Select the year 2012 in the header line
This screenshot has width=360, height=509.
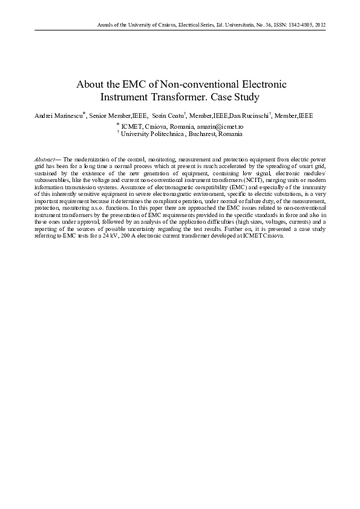click(321, 25)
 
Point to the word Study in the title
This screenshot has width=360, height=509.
click(247, 97)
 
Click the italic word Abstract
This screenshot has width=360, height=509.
click(44, 157)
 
